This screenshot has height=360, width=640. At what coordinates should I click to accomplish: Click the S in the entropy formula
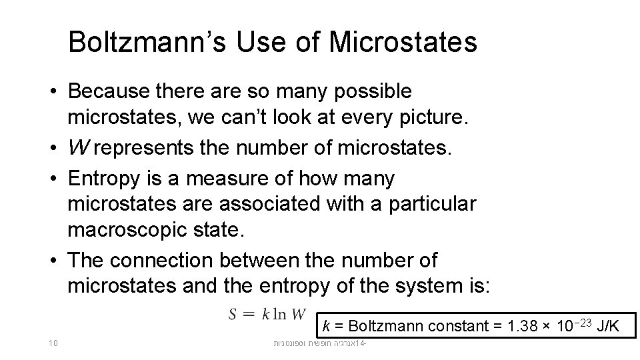tap(235, 314)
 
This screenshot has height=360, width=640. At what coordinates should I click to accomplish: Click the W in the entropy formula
tap(299, 314)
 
